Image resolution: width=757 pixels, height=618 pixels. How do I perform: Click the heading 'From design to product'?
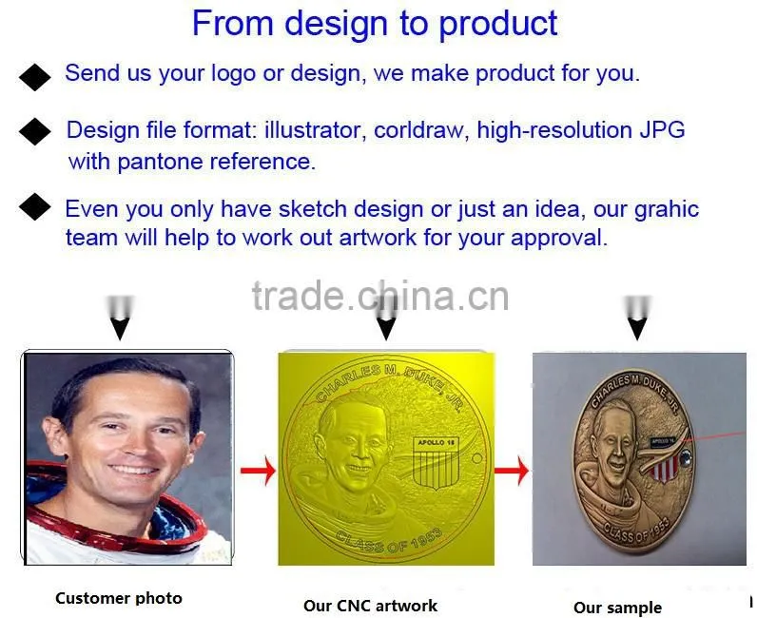point(375,24)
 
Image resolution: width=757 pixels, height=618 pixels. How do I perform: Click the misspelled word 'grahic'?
point(667,210)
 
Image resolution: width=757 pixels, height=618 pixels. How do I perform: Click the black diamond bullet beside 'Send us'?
point(35,77)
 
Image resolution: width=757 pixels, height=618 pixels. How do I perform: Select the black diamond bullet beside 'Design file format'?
point(35,131)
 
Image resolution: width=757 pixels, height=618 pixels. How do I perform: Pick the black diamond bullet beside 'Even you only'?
point(35,206)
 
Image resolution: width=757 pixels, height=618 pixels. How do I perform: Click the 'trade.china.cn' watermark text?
point(380,296)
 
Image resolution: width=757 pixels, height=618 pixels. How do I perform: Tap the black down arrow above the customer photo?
point(120,318)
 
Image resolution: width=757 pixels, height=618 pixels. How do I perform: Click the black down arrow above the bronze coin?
point(637,318)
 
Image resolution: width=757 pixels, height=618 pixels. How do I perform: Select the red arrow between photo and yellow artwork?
point(258,471)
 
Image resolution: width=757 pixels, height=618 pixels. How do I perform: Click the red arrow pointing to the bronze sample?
point(513,471)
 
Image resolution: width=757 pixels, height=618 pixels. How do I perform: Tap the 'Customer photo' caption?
point(119,598)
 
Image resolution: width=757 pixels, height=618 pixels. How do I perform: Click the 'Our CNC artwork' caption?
point(370,606)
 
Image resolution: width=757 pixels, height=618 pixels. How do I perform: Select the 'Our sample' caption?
point(617,608)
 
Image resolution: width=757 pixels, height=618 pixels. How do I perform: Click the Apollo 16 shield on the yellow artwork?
point(436,463)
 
